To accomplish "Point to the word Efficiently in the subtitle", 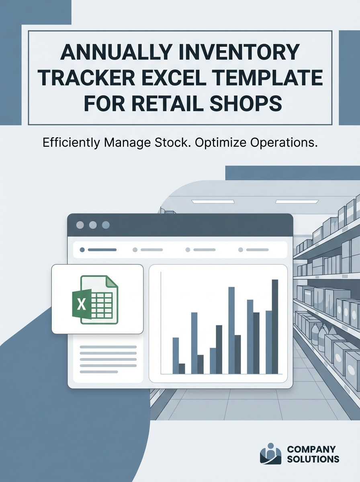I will [x=71, y=143].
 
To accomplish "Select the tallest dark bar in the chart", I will [x=275, y=327].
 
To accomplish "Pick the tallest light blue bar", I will [x=231, y=330].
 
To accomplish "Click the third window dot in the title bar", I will [x=106, y=225].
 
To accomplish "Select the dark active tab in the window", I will [x=99, y=250].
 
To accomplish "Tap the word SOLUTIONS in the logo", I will [x=313, y=459].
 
